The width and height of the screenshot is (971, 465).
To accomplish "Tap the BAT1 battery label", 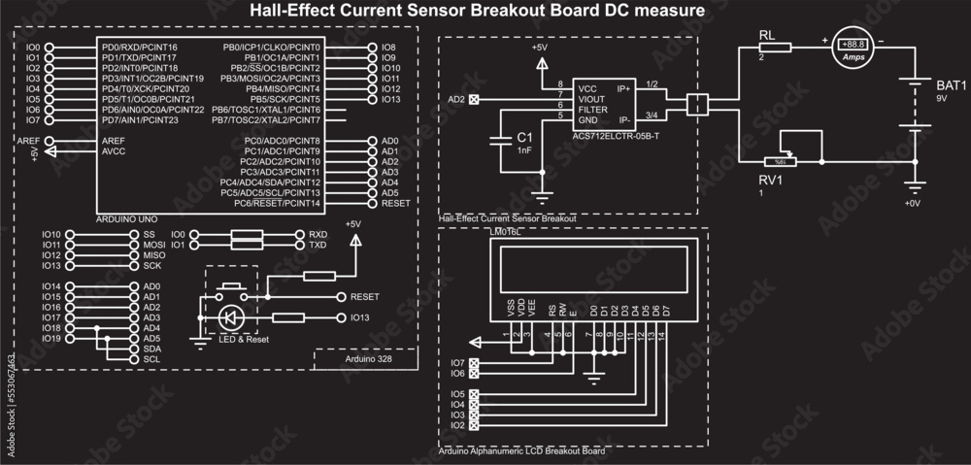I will click(x=951, y=85).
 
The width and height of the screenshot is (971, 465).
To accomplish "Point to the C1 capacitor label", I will click(x=524, y=138).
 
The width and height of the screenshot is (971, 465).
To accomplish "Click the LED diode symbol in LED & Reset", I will click(x=230, y=317).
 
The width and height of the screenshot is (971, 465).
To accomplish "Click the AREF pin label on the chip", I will click(x=113, y=141).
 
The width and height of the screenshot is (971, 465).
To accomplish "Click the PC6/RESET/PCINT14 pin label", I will click(x=282, y=203).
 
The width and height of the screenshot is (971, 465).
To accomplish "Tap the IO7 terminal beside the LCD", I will click(x=457, y=363).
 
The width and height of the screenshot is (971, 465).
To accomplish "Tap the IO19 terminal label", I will click(x=51, y=338).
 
